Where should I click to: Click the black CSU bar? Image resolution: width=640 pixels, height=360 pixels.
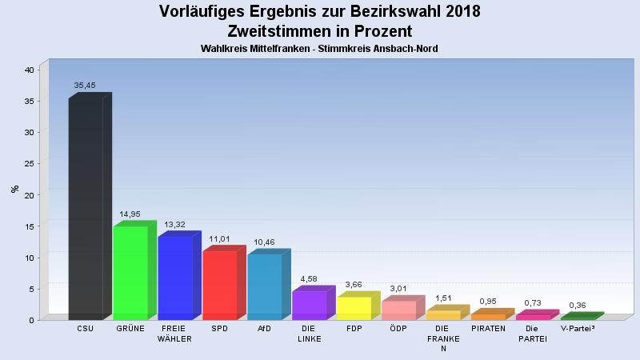coord(86,208)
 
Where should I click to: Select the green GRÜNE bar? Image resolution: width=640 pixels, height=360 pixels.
coord(130,273)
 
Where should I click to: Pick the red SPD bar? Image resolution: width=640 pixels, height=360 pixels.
coord(220,285)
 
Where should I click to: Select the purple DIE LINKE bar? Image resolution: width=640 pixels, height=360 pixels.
coord(310,305)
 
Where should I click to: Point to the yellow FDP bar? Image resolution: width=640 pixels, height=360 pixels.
coord(354,308)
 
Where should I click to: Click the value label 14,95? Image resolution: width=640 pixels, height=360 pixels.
coord(130,214)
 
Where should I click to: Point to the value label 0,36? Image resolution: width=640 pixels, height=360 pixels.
coord(578,305)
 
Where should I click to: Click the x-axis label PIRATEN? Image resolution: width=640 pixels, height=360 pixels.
coord(488,329)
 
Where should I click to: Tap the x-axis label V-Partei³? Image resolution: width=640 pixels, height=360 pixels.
coord(578,329)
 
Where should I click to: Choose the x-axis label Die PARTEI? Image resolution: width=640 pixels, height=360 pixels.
coord(533,334)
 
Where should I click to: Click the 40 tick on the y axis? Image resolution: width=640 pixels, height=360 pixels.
coord(29,70)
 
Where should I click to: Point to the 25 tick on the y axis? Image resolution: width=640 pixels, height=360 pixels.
coord(29,164)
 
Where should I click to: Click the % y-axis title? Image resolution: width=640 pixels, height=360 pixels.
coord(14,189)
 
